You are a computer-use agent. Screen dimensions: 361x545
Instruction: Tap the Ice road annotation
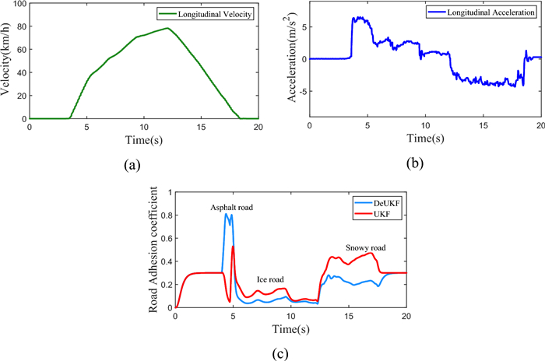[271, 279]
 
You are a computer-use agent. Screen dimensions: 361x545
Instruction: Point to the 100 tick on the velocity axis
[20, 4]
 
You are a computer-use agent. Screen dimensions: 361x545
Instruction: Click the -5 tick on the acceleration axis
[300, 91]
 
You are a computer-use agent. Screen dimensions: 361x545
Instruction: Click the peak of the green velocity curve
[167, 29]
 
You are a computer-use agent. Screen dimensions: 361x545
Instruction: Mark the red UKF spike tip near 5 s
[233, 247]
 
